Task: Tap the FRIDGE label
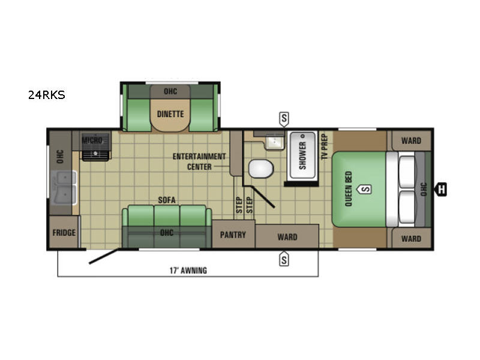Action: (x=64, y=233)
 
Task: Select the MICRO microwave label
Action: (x=93, y=140)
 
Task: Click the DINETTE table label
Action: (x=170, y=114)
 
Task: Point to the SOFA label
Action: (x=166, y=200)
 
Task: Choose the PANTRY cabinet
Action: (x=233, y=235)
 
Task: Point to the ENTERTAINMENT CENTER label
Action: (x=199, y=161)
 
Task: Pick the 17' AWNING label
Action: (x=188, y=270)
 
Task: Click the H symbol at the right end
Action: (x=442, y=190)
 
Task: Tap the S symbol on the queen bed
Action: (x=365, y=190)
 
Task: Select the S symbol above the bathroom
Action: (x=284, y=118)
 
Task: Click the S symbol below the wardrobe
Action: (x=284, y=259)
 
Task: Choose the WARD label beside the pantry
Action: (x=287, y=236)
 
